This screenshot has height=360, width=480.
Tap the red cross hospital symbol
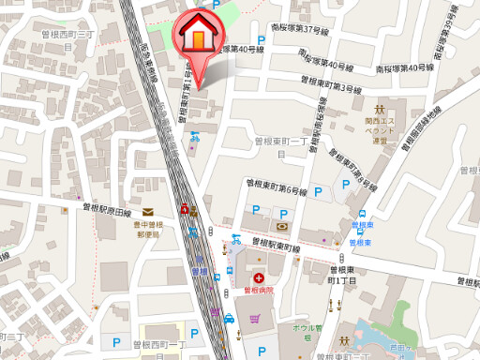tap(257, 277)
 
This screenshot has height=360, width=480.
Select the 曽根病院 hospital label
tap(257, 291)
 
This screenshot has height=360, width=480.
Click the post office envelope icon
tap(148, 215)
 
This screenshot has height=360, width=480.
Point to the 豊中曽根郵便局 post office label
tap(148, 229)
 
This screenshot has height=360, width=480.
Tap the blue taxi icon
tap(229, 319)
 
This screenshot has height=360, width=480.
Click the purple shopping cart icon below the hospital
tap(255, 319)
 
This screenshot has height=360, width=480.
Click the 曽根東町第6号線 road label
tap(277, 186)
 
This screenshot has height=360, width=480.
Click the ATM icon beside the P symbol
tap(281, 226)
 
